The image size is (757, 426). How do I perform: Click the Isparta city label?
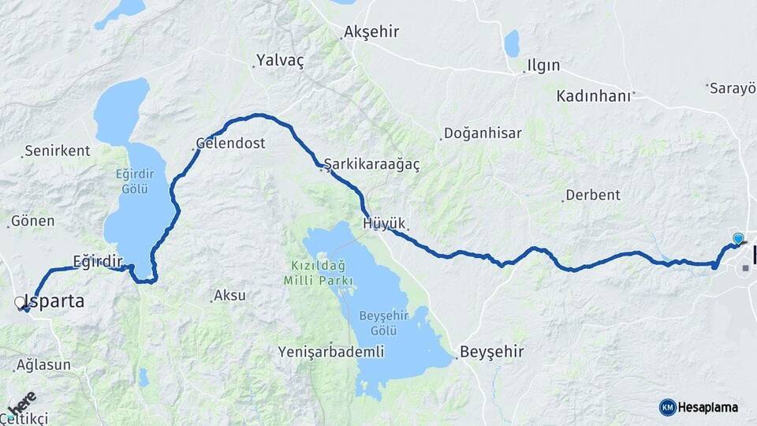coord(55,301)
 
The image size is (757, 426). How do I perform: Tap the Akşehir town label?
coord(371,33)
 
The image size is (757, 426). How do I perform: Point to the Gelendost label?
coord(230,144)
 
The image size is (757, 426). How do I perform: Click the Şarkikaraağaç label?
coord(371,164)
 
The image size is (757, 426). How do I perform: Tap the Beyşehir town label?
coord(491,351)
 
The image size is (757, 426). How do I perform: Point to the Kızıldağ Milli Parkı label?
coord(319,273)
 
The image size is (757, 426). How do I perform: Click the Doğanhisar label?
coord(483,133)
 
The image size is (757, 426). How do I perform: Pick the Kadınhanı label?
coord(594,96)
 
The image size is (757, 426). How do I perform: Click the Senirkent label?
coord(57,150)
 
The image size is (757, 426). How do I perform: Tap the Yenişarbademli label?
coord(331,351)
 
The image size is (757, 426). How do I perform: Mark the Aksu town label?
coord(229,296)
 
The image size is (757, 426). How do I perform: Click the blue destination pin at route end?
coord(738,238)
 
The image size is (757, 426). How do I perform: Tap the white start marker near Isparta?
coord(20,301)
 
